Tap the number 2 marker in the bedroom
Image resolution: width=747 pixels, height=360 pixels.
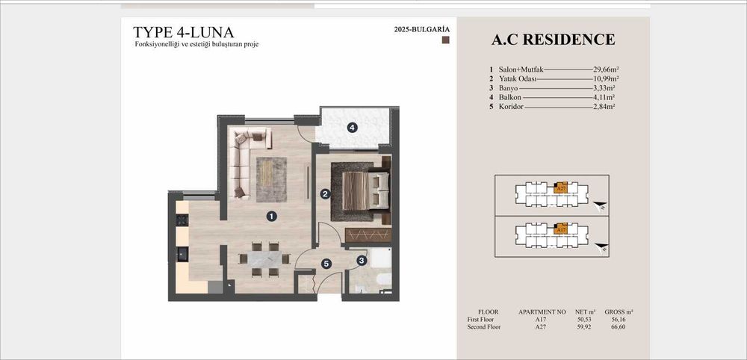tap(325, 194)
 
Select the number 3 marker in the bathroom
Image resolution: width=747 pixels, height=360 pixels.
tap(361, 260)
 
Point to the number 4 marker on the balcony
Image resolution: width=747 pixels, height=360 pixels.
tap(352, 128)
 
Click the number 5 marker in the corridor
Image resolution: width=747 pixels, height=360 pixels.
tap(326, 263)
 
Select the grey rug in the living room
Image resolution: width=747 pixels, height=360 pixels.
tap(270, 179)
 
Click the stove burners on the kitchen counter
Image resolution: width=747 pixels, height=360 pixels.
tap(182, 220)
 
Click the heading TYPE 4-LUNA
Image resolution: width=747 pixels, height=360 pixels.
tap(183, 32)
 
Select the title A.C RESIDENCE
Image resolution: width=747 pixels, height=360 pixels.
tap(554, 40)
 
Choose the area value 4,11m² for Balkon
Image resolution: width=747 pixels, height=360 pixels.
tap(604, 97)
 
